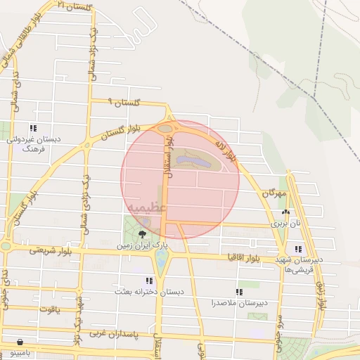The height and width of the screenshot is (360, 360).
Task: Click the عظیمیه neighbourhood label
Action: click(x=147, y=207)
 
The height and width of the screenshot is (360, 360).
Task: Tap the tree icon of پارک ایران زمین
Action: click(x=143, y=233)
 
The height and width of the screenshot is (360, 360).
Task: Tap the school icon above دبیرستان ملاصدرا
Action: click(x=240, y=291)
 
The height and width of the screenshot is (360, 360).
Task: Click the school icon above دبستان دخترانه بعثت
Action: click(x=148, y=280)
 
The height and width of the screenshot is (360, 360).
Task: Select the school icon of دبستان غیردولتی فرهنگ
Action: click(x=32, y=128)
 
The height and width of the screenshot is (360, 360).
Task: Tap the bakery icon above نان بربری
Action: click(x=285, y=212)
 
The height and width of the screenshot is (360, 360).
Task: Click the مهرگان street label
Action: click(x=276, y=192)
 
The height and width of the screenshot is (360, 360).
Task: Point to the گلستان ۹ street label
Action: click(x=124, y=103)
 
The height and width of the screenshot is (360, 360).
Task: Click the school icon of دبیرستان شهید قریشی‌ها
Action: click(x=299, y=248)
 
